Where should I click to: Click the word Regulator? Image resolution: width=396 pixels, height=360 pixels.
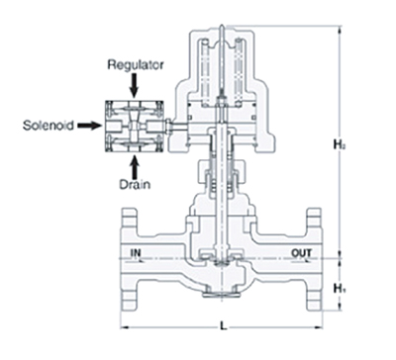(136, 65)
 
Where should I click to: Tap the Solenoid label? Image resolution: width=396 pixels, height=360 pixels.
(49, 126)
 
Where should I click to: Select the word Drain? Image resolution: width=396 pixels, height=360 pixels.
(135, 184)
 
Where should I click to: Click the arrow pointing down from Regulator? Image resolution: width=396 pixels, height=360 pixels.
(134, 85)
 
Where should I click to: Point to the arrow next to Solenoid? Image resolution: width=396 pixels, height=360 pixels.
(89, 126)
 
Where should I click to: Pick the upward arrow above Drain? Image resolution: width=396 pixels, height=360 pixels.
(134, 166)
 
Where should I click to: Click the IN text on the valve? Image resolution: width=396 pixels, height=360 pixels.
(136, 253)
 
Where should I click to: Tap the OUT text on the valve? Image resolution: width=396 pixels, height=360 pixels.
(301, 253)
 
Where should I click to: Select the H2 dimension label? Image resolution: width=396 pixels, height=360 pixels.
(339, 144)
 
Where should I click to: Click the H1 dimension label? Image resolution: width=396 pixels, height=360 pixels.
(339, 289)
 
